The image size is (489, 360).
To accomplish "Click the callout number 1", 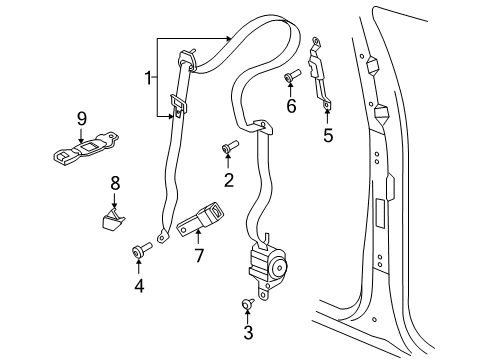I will click(148, 78).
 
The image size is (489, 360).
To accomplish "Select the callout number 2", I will click(228, 180).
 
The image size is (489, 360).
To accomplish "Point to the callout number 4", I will click(139, 287).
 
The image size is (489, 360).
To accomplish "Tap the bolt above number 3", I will click(246, 304).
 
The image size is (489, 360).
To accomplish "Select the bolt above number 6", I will click(291, 77).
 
